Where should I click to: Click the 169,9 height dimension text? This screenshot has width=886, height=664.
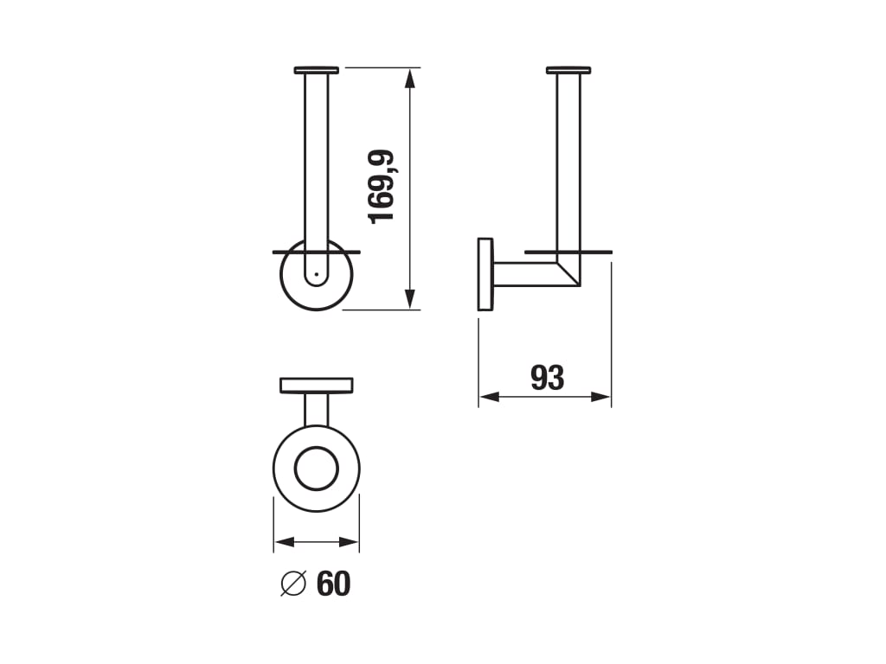tap(382, 187)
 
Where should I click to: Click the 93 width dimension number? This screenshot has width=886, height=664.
tap(548, 378)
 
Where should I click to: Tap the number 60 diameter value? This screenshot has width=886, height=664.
tap(333, 584)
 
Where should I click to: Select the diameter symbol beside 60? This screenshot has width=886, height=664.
tap(293, 584)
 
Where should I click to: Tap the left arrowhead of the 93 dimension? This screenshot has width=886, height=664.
tap(490, 397)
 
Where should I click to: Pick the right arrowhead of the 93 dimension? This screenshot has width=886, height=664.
tap(600, 397)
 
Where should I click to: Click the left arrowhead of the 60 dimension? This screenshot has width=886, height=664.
tap(285, 542)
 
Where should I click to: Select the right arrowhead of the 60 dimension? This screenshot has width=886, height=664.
tap(349, 542)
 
